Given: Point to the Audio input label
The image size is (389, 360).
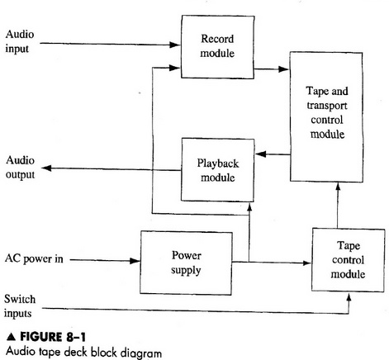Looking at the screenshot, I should click(21, 41).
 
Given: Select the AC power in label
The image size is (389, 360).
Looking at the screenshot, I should click(34, 258).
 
